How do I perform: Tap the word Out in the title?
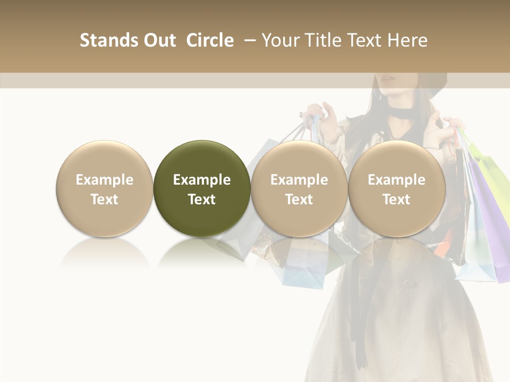[x=158, y=40]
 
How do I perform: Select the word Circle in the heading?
[x=210, y=40]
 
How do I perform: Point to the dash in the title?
[x=248, y=40]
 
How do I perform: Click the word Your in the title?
[x=279, y=40]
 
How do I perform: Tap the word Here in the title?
[x=407, y=40]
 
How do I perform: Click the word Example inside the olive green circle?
[x=202, y=180]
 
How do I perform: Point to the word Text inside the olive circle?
[x=202, y=199]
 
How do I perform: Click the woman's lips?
[x=388, y=80]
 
